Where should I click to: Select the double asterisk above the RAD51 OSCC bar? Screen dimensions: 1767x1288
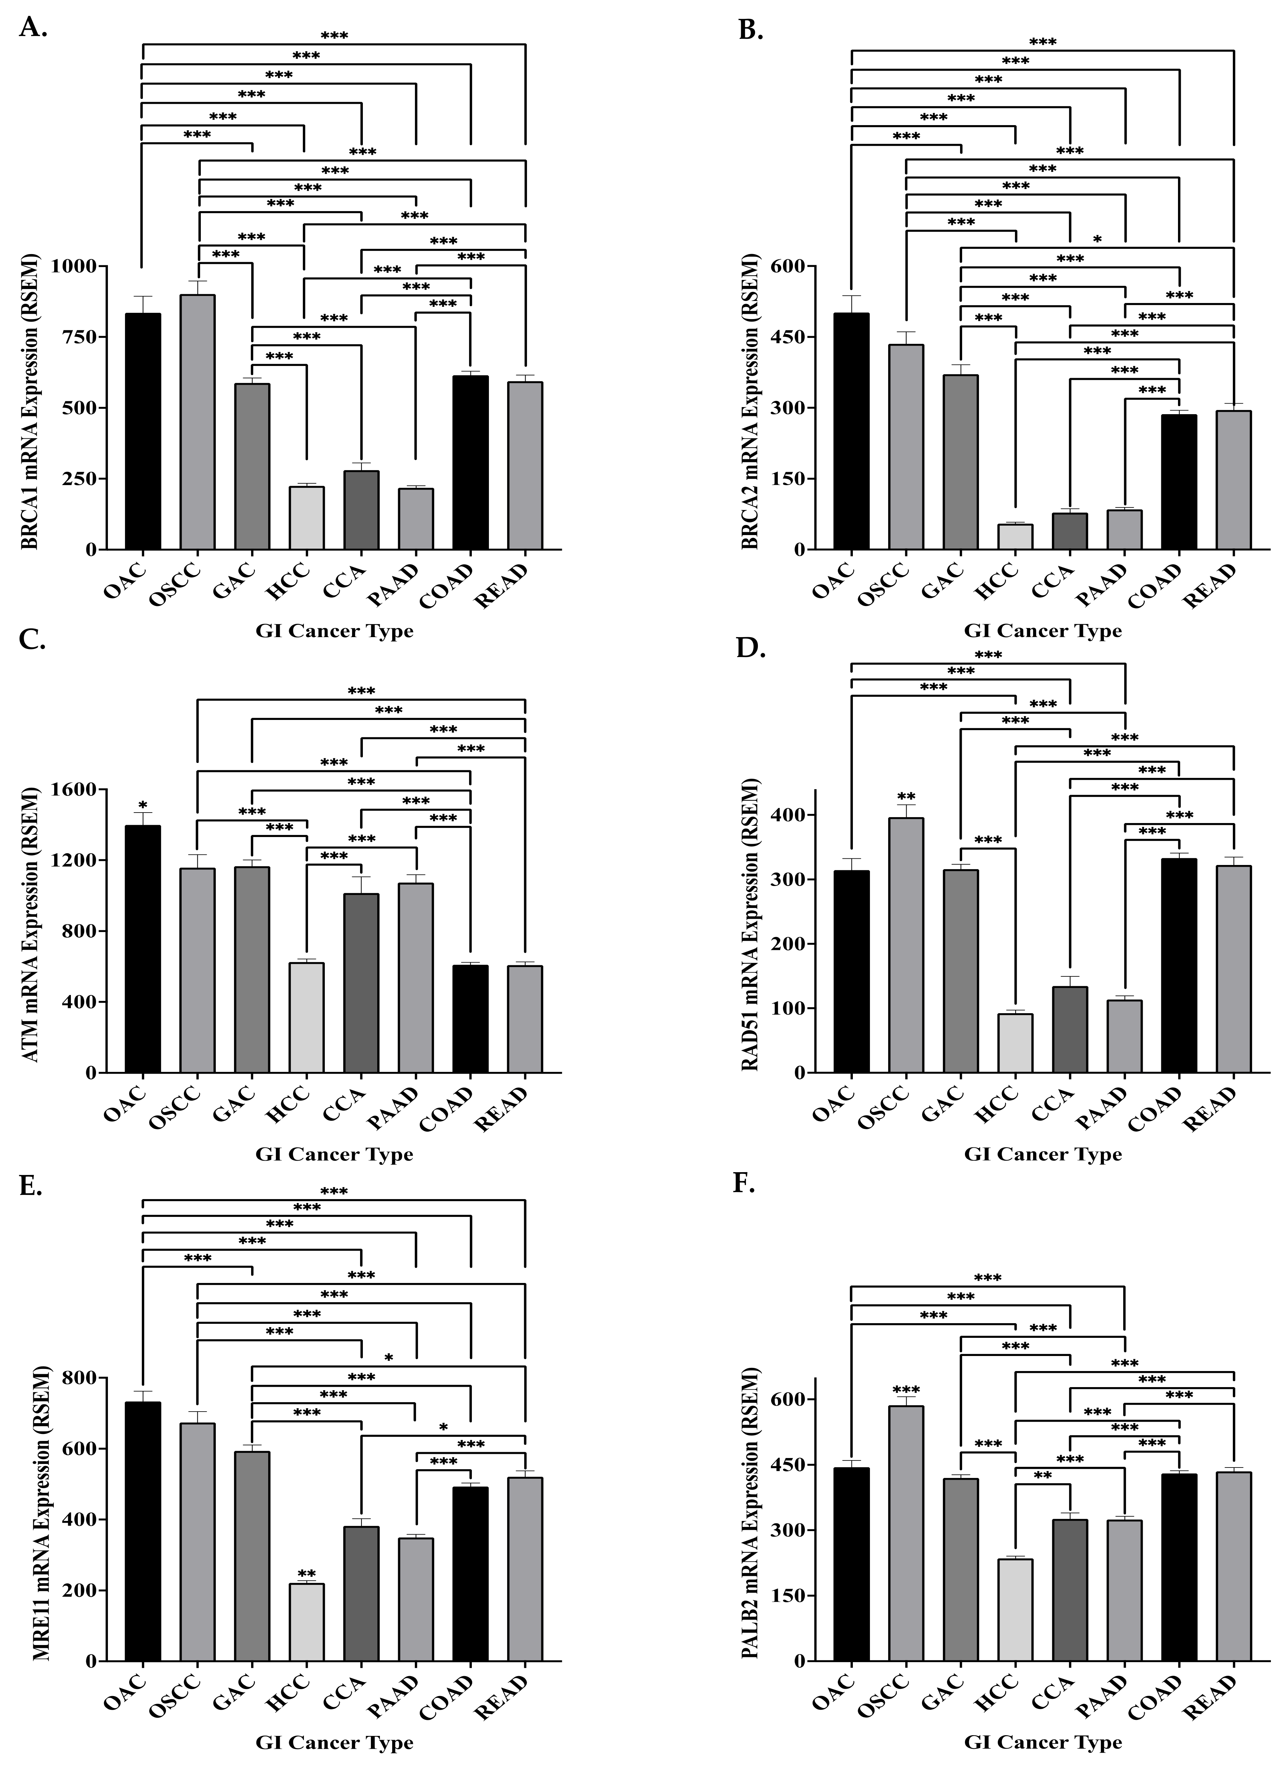pos(906,797)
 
